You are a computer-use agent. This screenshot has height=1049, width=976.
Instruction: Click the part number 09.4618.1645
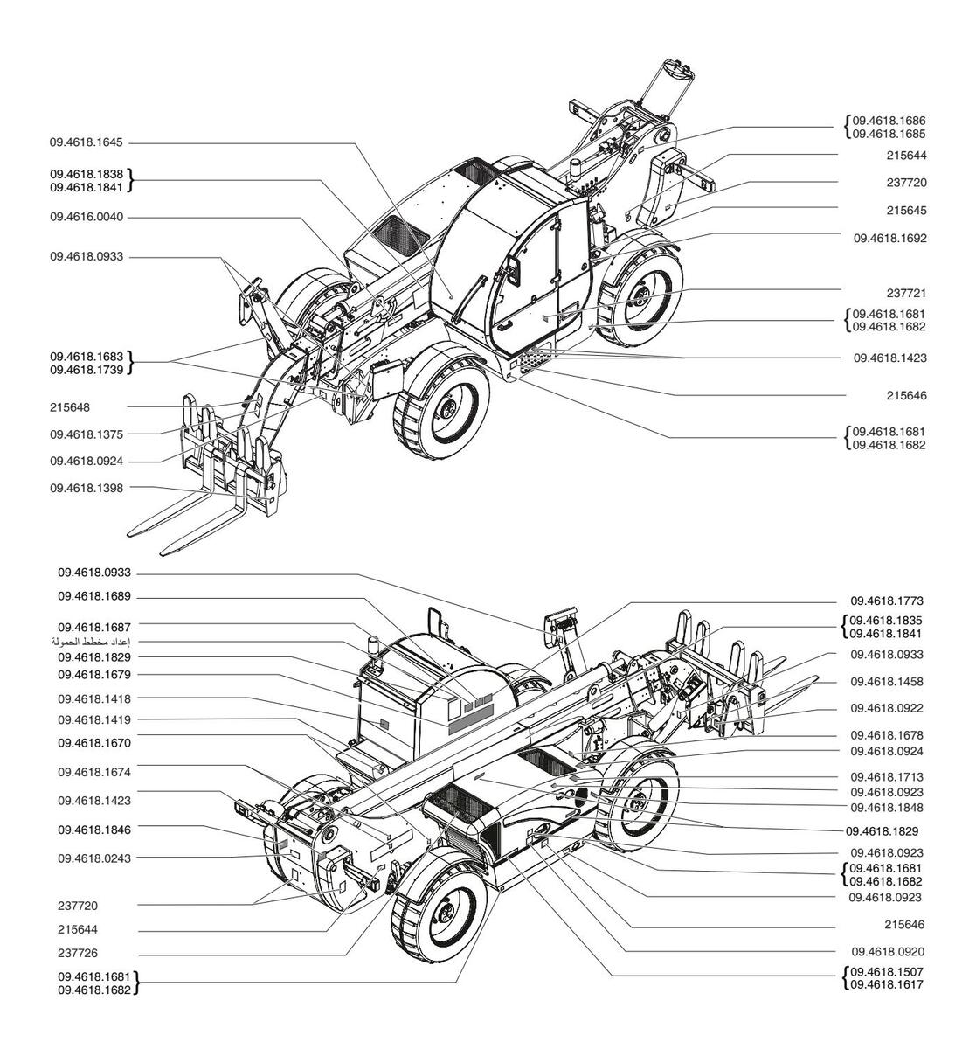87,142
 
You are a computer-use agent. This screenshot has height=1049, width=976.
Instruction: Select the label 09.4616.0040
87,217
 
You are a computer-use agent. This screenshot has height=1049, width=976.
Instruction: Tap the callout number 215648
70,407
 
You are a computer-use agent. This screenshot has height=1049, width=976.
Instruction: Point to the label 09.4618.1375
87,434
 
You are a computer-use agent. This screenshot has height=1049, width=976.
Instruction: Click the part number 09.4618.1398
87,489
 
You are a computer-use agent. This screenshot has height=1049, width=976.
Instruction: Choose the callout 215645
906,210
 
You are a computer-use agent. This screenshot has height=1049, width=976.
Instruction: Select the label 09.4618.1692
889,239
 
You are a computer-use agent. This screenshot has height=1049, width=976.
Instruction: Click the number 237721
906,293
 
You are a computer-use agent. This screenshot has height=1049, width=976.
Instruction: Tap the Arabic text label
91,642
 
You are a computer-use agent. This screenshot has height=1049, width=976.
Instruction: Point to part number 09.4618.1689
94,597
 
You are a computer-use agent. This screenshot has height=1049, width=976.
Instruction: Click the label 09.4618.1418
94,698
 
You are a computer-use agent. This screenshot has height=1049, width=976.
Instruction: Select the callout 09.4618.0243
94,858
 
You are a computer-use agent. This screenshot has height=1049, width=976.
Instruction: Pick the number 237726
78,954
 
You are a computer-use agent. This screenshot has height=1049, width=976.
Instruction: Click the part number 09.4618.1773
887,601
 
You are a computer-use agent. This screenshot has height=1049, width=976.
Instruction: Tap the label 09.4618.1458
887,682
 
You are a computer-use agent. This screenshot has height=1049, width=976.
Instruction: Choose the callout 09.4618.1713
887,777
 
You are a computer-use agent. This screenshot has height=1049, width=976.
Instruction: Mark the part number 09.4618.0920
888,952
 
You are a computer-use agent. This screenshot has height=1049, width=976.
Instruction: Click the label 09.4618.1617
887,984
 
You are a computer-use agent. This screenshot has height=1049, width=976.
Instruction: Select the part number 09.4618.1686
889,121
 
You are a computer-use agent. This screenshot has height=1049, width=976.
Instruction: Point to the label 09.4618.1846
94,830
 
